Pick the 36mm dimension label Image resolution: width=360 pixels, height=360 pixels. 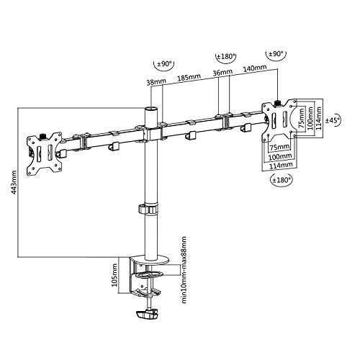click(223, 73)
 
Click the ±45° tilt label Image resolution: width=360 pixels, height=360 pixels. click(333, 120)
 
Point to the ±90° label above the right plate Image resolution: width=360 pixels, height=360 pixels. click(276, 55)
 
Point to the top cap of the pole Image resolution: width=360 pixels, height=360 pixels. click(152, 108)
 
